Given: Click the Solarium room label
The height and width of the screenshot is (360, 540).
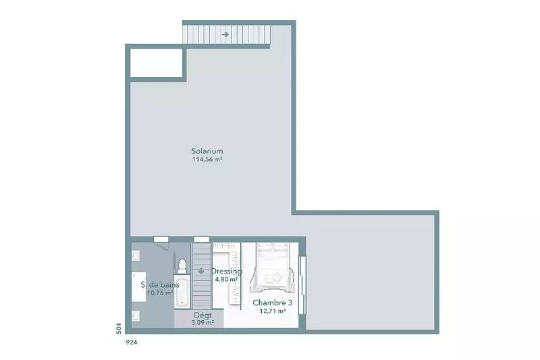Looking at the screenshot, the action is tap(207, 151).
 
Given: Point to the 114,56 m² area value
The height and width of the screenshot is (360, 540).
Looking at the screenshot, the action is tap(207, 159).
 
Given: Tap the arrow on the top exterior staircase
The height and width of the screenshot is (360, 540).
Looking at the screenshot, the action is tap(225, 34).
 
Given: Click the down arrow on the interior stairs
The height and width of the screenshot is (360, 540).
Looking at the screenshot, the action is tap(201, 271).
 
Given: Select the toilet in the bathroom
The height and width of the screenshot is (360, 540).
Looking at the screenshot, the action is tap(182, 267).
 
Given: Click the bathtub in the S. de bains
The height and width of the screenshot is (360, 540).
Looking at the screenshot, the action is tap(182, 292).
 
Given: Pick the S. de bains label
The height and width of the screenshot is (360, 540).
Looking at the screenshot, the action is tap(160, 285).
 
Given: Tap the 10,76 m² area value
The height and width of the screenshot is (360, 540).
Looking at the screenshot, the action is tap(160, 293).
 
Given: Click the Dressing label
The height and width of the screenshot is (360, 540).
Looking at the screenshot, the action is tap(226, 271).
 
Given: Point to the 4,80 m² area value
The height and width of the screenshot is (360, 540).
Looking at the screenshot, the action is tap(226, 280).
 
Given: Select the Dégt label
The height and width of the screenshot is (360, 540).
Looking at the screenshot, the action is tap(203, 315).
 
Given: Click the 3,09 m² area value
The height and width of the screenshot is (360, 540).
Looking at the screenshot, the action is tap(203, 323).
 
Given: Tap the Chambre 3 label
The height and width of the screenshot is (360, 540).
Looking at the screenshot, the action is tap(273, 303).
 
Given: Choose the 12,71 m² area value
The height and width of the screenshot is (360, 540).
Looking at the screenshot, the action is tap(273, 311).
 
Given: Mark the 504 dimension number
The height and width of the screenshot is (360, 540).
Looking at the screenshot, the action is tap(119, 328).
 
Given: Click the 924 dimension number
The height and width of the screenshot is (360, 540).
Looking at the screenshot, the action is tap(132, 342).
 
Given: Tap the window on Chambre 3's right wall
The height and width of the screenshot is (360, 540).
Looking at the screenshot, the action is tap(302, 285).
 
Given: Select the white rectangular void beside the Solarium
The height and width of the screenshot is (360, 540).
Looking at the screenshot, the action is tap(156, 63).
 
